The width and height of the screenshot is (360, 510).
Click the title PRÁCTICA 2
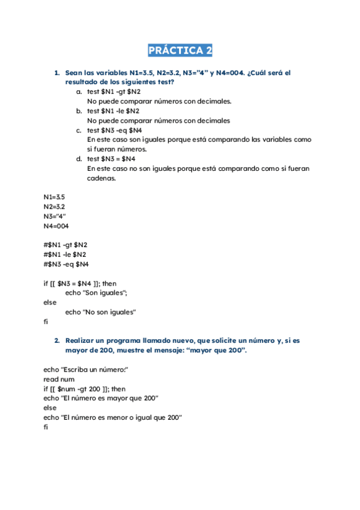point(180,50)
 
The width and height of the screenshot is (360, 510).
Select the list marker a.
point(79,91)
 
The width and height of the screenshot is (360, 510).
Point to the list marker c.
point(79,130)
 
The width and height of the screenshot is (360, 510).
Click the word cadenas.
point(101,178)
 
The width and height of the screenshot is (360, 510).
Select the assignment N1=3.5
point(54,197)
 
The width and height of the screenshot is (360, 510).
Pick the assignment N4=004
point(56,226)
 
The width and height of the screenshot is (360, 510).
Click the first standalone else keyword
point(49,302)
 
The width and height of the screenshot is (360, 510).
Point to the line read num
point(59,379)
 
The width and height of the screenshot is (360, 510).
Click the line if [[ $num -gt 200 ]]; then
point(84,389)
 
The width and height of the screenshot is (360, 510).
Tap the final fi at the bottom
point(45,427)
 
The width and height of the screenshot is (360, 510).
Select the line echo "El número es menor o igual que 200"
point(112,417)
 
